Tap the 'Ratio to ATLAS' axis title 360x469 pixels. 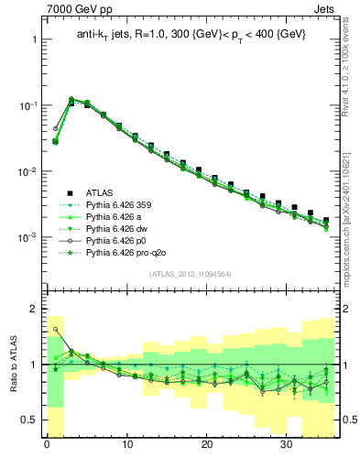pos(12,364)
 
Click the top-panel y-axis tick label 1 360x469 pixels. pos(34,40)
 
